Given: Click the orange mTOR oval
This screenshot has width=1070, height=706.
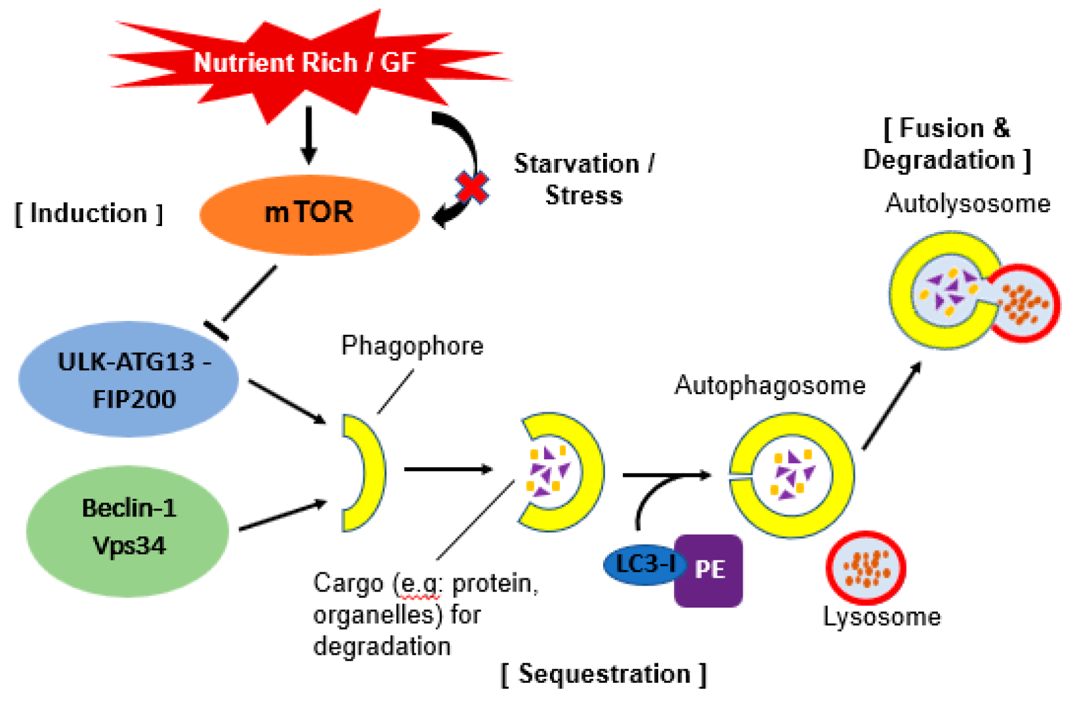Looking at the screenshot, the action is [310, 215].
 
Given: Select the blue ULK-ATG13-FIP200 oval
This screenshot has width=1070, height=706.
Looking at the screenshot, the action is [128, 379].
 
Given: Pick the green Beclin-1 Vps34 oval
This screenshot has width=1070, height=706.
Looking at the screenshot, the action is [128, 531].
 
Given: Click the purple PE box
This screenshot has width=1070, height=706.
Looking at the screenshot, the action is [709, 571].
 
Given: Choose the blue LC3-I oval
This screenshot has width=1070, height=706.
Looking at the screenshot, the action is [645, 565].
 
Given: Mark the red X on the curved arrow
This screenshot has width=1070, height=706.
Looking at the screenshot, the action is [472, 187].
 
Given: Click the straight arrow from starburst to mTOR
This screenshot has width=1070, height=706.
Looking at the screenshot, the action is [309, 135].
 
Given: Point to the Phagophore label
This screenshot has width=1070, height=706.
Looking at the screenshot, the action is [412, 346].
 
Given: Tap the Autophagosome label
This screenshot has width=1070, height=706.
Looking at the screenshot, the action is [770, 386].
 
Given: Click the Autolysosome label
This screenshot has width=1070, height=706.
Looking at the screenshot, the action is [968, 203].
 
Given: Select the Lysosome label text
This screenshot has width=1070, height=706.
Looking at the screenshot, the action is [882, 617].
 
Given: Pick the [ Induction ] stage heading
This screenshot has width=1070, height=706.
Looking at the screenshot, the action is [89, 213].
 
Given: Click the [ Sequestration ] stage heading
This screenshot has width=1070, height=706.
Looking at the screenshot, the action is [604, 674].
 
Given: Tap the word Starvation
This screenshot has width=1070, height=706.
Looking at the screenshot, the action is [577, 164].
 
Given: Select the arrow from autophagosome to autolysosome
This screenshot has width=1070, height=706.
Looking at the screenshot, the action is [892, 406].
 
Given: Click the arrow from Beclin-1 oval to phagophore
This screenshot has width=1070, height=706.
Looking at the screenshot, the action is [283, 515].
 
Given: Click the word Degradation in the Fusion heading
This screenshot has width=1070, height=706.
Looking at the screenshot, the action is [939, 160].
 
